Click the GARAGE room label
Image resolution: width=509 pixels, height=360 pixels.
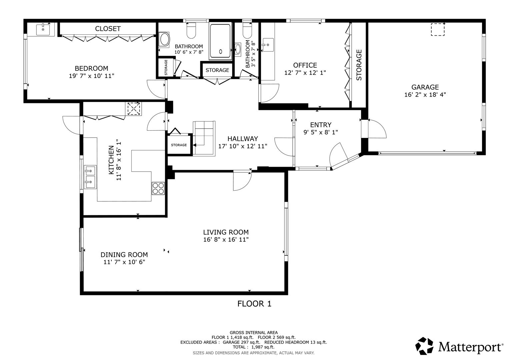[x=425, y=87]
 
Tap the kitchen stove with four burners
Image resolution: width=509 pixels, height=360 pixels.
[x=158, y=188]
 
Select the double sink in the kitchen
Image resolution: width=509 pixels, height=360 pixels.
[x=90, y=177]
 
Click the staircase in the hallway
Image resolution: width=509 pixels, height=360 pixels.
[x=204, y=138]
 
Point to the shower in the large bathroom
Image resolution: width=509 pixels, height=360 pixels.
[x=220, y=41]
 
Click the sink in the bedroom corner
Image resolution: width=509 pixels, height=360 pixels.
[x=43, y=29]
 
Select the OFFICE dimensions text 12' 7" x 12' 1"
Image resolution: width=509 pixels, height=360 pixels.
[x=305, y=73]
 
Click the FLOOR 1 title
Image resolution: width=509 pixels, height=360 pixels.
[x=254, y=304]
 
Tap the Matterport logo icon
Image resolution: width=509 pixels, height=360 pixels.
[x=424, y=346]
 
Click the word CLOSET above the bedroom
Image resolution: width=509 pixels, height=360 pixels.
[x=108, y=29]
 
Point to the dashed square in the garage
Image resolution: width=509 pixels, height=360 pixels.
[x=438, y=29]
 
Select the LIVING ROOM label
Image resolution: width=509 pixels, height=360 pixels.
[x=226, y=232]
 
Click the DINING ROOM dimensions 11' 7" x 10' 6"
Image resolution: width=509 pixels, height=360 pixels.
[x=124, y=262]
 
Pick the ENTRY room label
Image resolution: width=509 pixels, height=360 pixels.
[x=320, y=125]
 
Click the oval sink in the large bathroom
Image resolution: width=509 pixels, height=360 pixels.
[x=165, y=39]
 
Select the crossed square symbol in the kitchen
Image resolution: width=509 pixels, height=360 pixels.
[x=134, y=108]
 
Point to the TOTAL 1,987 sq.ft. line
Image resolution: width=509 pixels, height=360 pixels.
[x=253, y=347]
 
